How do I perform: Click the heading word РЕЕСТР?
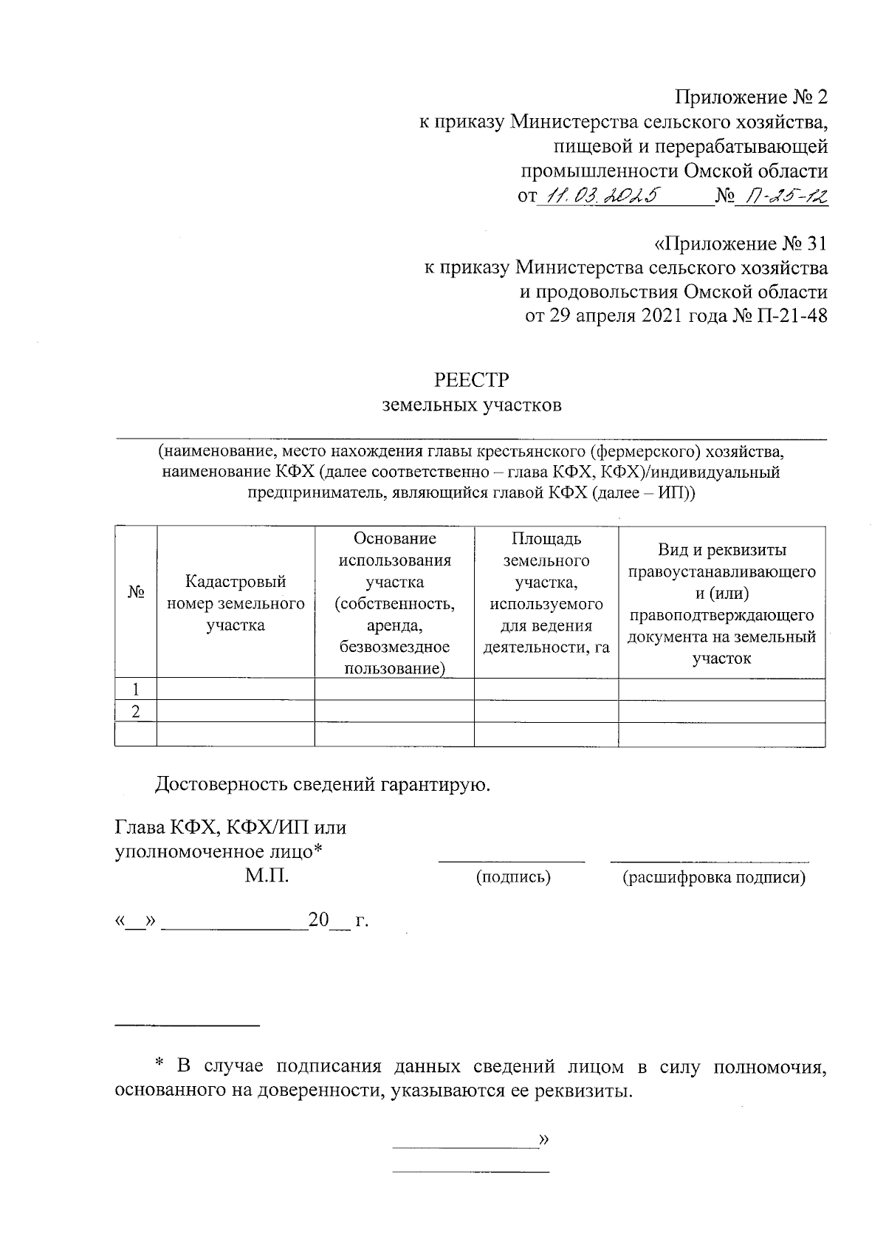472,380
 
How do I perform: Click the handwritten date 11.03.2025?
602,196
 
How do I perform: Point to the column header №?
136,593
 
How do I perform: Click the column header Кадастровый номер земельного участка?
236,603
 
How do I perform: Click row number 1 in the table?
136,690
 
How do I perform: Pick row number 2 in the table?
136,712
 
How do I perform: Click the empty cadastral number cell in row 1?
236,690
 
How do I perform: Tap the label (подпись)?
513,877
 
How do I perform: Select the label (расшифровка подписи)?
713,877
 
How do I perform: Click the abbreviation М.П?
267,876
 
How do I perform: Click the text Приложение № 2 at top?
752,97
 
